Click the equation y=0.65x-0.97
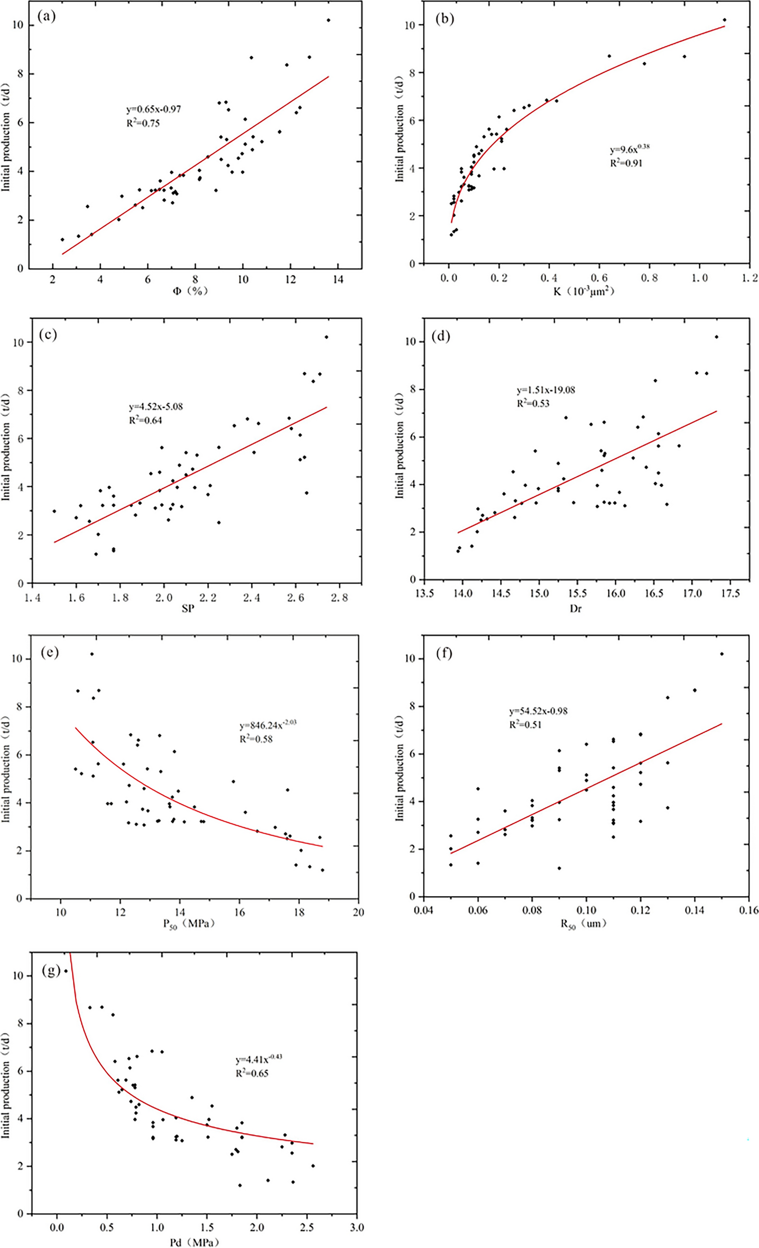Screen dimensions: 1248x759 (x=154, y=109)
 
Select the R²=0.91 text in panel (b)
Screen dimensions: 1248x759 (x=626, y=163)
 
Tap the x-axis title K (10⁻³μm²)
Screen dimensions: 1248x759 (x=584, y=291)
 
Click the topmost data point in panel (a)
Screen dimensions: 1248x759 (x=328, y=20)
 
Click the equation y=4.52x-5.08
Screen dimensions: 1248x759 (x=156, y=407)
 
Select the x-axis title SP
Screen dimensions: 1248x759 (x=188, y=609)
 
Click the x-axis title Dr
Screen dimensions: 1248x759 (x=576, y=609)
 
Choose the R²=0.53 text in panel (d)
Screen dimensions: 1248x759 (x=533, y=404)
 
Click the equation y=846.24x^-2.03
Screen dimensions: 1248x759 (x=267, y=725)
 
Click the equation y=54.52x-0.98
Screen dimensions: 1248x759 (x=538, y=711)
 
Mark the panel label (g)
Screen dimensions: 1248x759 (x=51, y=971)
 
